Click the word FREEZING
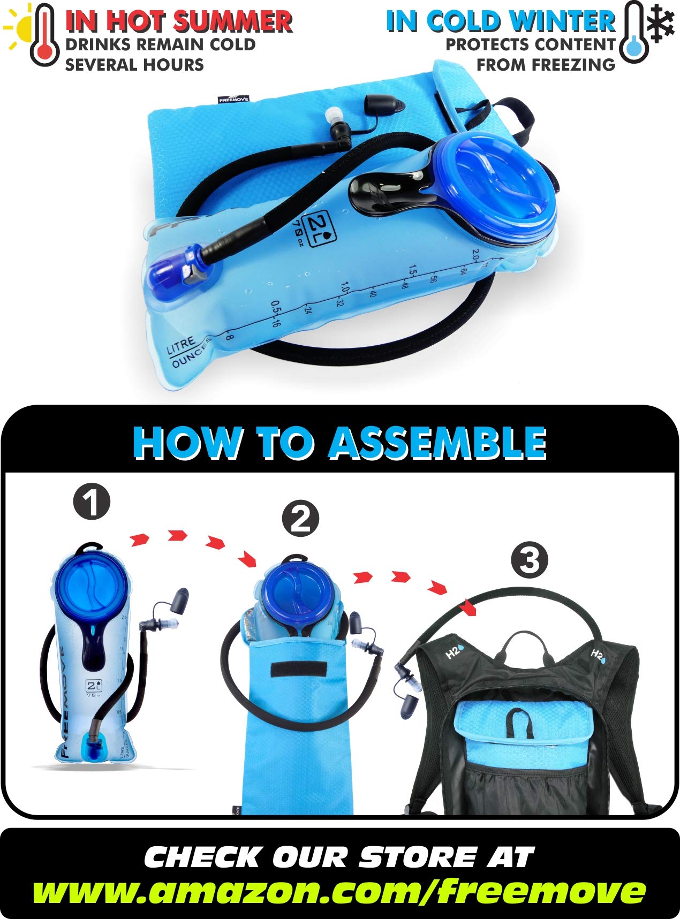tap(546, 65)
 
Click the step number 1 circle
tap(92, 503)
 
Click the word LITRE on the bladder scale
tap(181, 346)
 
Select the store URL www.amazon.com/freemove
tap(339, 891)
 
